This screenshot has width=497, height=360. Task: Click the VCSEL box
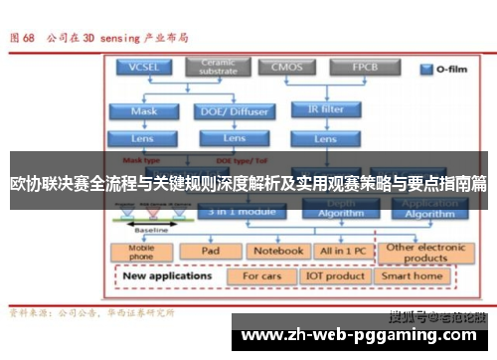click(x=143, y=68)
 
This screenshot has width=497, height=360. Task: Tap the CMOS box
click(x=281, y=68)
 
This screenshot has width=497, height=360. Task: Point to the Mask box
click(x=143, y=111)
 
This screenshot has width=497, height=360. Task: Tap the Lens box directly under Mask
click(x=143, y=138)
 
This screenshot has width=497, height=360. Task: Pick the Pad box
click(x=210, y=251)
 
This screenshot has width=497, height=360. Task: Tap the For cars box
click(x=263, y=275)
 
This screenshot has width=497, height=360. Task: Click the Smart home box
click(x=412, y=275)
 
